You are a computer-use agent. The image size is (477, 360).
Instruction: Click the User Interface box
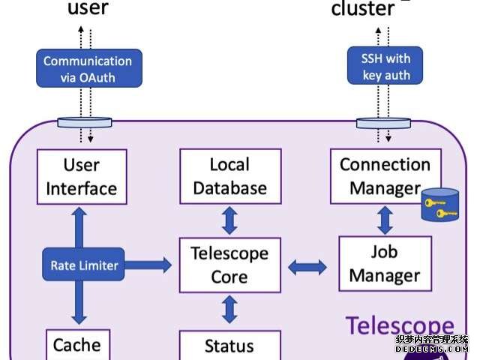(x=82, y=176)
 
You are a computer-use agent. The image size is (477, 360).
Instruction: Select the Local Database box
(x=230, y=176)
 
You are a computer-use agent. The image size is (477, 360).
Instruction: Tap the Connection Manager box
(x=385, y=176)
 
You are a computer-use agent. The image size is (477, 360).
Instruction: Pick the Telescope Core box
(x=229, y=265)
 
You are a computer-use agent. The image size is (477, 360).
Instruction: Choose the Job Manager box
(x=385, y=263)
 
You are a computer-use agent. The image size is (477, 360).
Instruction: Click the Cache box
(x=76, y=344)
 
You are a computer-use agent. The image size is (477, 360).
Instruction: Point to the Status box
(x=229, y=346)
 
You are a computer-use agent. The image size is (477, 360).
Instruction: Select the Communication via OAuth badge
(x=87, y=69)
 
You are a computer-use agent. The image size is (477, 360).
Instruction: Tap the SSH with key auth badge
(x=385, y=65)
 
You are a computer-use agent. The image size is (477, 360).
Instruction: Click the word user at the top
(x=88, y=9)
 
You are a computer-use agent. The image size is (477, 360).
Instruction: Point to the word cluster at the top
(x=363, y=9)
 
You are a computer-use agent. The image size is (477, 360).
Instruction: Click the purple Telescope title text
(x=399, y=325)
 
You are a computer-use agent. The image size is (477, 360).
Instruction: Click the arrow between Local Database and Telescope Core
(x=229, y=219)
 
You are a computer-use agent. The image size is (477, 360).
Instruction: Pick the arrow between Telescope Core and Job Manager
(x=307, y=265)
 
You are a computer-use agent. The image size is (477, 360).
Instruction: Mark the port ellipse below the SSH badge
(x=385, y=121)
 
